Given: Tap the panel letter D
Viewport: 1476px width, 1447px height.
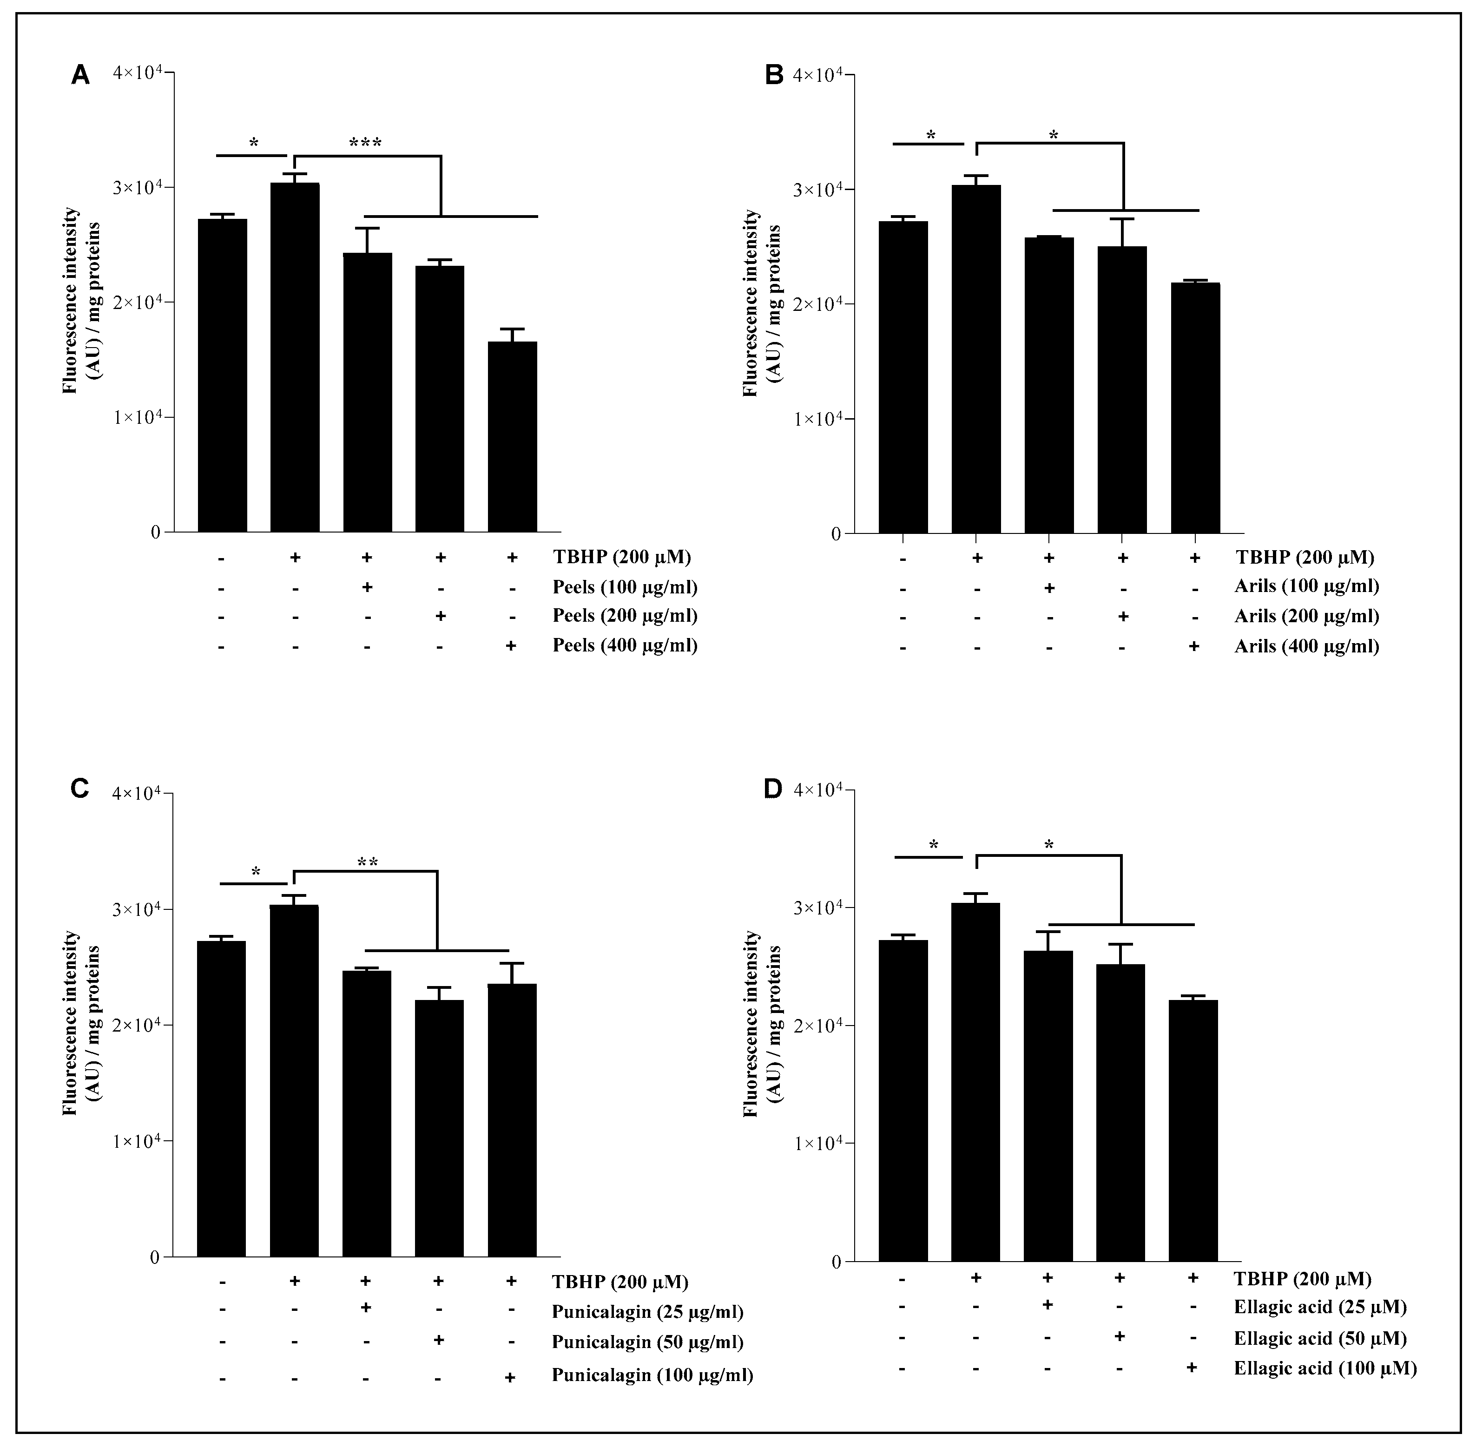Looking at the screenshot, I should [772, 790].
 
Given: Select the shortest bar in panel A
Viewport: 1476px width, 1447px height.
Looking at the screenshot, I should [512, 436].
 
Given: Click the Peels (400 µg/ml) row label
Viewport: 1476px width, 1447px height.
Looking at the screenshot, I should [624, 645].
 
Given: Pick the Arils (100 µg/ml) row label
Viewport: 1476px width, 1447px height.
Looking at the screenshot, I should [1306, 586].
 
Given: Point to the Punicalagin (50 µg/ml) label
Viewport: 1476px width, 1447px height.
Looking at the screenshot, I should [647, 1342].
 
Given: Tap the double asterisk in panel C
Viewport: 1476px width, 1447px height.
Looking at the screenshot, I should [367, 862].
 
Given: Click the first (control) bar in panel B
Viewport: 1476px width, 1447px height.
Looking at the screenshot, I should [903, 377].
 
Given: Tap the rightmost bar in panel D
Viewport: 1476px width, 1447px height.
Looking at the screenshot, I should [1193, 1131].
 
